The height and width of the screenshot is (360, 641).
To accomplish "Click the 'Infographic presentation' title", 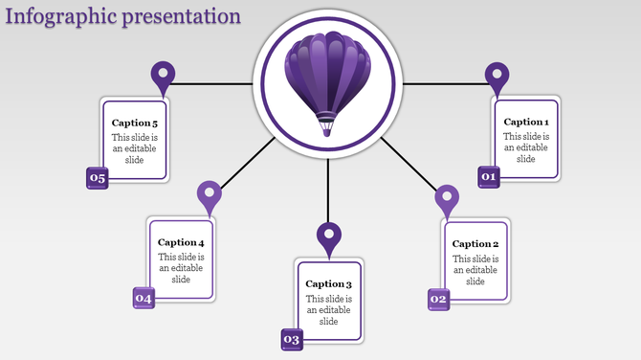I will (x=122, y=16).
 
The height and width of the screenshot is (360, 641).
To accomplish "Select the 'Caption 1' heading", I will (x=526, y=122).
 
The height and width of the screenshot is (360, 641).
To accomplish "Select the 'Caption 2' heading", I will (x=475, y=244).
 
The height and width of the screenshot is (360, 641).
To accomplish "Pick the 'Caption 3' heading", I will (x=329, y=283).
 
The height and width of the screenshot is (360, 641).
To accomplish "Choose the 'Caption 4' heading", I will (x=181, y=242).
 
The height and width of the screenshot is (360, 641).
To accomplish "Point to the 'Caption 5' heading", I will (x=135, y=123).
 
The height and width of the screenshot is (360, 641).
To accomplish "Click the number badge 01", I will (x=489, y=177).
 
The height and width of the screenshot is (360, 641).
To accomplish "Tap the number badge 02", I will (x=438, y=300).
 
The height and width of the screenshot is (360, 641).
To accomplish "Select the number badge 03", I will (x=292, y=340).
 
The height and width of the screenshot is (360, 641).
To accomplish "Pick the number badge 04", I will (x=144, y=299).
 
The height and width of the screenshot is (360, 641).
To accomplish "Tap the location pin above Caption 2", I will (x=447, y=199).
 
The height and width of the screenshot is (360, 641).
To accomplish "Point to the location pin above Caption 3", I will (x=329, y=236).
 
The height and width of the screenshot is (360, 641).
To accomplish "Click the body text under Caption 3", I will (x=329, y=310).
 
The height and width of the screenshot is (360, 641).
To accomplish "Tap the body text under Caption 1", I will (x=526, y=148).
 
